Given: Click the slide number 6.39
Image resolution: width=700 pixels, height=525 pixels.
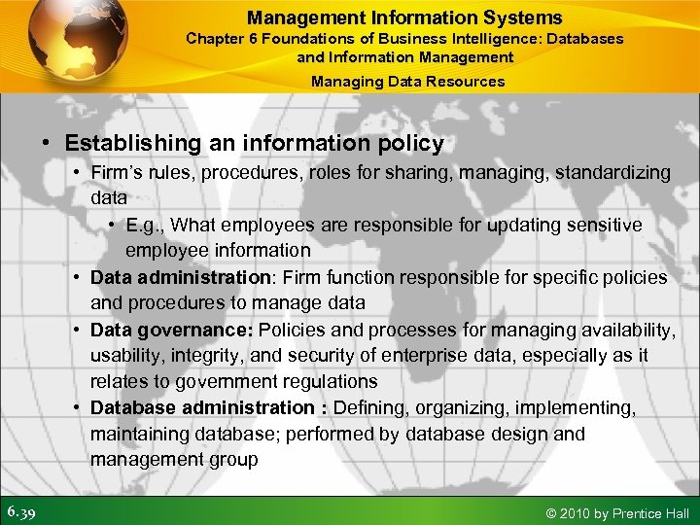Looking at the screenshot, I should point(21,511).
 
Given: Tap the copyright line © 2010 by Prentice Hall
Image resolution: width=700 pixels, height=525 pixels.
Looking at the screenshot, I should point(619,513).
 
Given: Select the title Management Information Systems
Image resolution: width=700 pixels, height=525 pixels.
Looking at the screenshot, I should point(404,17).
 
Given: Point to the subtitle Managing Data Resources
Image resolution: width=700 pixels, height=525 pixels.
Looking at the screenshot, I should point(407,82).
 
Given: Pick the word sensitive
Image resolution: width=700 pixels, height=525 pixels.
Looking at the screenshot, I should point(605,225).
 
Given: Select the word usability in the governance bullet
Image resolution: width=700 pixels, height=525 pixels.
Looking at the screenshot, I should point(125,356).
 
